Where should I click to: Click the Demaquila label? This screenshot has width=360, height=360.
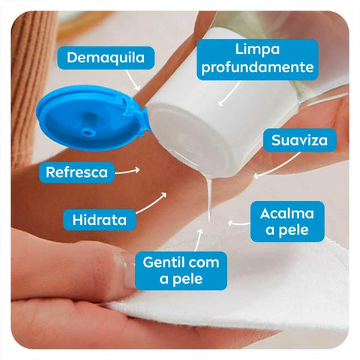click(x=106, y=58)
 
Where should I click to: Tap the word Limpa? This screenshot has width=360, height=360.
click(x=257, y=49)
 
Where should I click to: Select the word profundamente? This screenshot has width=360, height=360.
click(x=257, y=67)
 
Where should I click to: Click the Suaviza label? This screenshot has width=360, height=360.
click(x=299, y=140)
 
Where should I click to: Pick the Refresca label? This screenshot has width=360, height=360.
click(x=76, y=172)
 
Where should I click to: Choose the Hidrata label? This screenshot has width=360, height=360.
click(x=100, y=220)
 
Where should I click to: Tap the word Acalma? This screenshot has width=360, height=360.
click(x=287, y=214)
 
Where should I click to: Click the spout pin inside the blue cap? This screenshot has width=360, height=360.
click(x=88, y=124)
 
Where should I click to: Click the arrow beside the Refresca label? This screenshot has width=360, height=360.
click(x=127, y=172)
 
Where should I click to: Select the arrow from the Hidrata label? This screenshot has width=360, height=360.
click(x=151, y=203)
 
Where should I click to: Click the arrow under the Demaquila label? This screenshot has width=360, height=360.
click(x=132, y=80)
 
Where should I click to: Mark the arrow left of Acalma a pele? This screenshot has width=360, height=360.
click(x=238, y=223)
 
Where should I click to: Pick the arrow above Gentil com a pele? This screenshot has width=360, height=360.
click(x=198, y=240)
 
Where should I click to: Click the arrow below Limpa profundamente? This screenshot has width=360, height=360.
click(x=229, y=94)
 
